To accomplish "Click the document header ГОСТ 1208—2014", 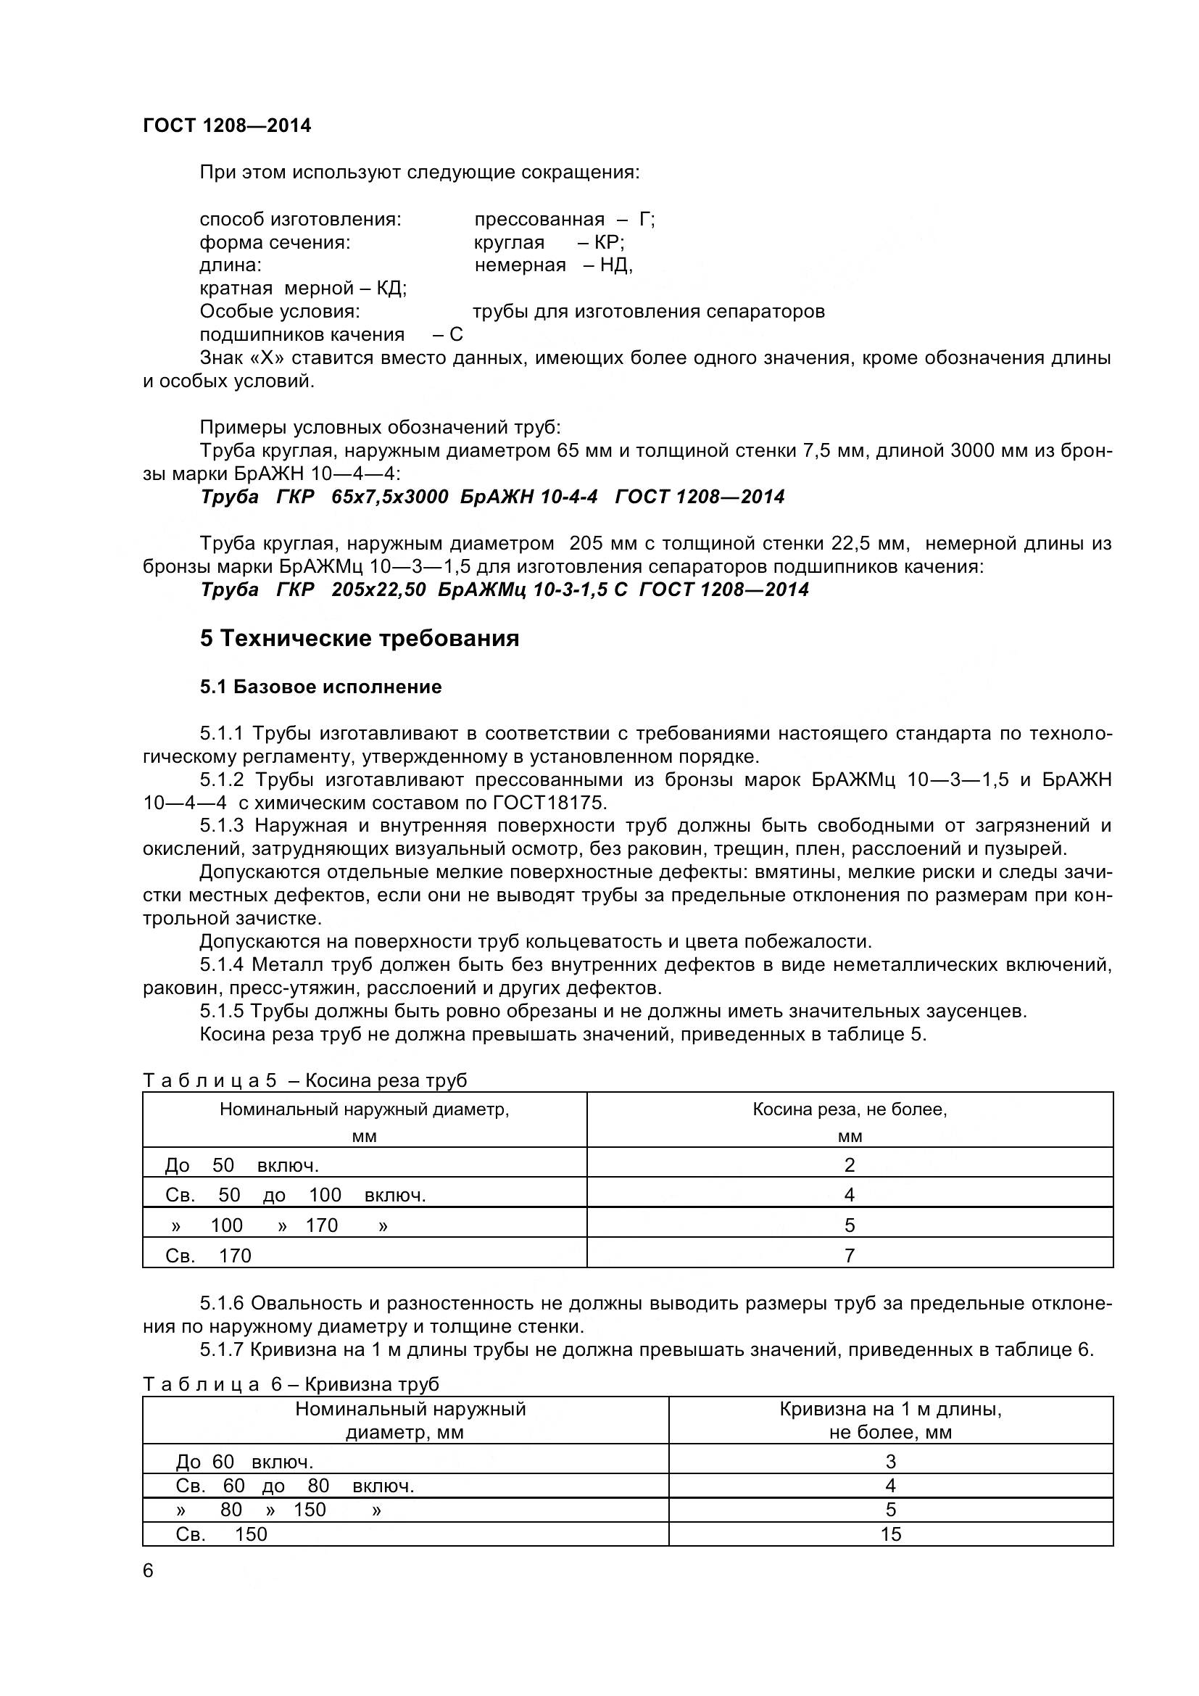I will click(227, 125).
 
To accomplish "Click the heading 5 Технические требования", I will click(359, 638).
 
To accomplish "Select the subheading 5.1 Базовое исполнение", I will click(320, 687).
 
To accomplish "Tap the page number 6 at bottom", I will click(149, 1571).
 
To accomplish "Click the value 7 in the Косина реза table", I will click(849, 1256).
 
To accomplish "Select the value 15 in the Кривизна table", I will click(890, 1534).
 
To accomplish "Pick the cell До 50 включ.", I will click(241, 1166).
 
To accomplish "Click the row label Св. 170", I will click(208, 1256).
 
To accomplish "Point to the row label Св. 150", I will click(221, 1534).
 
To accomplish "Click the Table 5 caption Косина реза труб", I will click(386, 1080).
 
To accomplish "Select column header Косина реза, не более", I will click(849, 1109).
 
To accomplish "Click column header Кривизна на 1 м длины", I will click(890, 1410).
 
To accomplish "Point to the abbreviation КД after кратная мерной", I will click(390, 288).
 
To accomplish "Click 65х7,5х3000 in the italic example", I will click(390, 497).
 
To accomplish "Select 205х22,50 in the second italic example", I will click(378, 590).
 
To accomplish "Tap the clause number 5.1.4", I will click(222, 964).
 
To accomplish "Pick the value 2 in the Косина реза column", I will click(849, 1166).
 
